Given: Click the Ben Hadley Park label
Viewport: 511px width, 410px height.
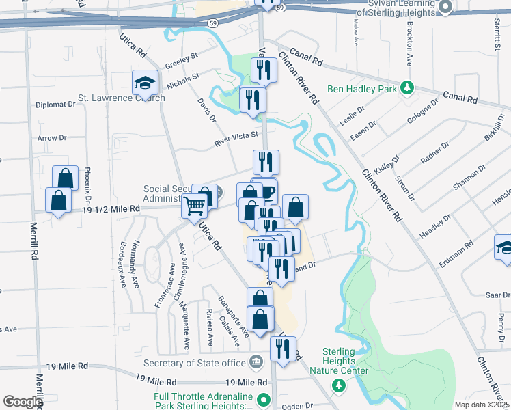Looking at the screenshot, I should click(x=362, y=88).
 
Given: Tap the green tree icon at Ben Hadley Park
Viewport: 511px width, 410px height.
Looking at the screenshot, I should click(x=407, y=88).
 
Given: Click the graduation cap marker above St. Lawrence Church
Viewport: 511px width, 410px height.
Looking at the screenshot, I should click(x=145, y=83).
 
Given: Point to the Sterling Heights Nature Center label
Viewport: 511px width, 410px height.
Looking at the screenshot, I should click(x=339, y=361).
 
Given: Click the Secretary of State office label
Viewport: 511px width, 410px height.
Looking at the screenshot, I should click(x=195, y=363).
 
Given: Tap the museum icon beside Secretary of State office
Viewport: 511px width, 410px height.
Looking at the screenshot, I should click(x=255, y=361).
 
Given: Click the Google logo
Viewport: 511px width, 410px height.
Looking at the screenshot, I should click(x=23, y=401).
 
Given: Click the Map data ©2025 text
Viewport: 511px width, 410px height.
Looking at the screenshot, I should click(x=482, y=405).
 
